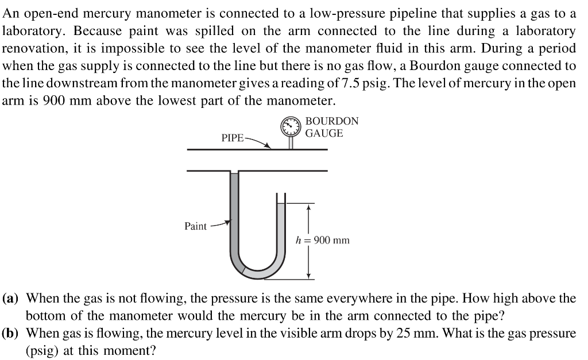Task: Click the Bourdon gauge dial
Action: tap(291, 126)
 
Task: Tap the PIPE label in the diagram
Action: tap(232, 138)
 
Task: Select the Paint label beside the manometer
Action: tap(195, 226)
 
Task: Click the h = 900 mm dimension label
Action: tap(322, 240)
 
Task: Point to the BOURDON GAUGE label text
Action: tap(331, 127)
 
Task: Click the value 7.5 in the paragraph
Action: tap(349, 83)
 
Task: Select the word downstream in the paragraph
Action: tap(77, 83)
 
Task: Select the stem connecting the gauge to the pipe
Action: tap(291, 142)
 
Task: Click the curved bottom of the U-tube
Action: tap(257, 270)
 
